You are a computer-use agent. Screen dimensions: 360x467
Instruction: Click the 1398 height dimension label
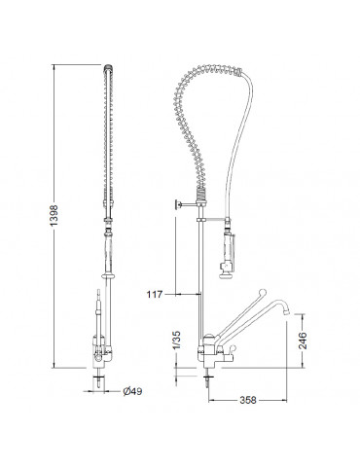(54, 215)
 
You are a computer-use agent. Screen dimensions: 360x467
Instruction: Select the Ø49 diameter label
(132, 391)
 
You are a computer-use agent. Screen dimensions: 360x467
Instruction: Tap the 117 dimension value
(155, 295)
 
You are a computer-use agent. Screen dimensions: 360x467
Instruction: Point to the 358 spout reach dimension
(248, 400)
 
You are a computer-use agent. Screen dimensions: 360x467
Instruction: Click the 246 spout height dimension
(303, 341)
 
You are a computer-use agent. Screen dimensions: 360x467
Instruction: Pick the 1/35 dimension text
(177, 341)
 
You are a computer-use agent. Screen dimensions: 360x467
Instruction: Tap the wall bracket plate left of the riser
(177, 204)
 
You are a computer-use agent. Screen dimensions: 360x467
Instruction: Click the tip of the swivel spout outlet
(287, 312)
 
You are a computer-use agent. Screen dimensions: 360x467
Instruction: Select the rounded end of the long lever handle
(263, 292)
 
